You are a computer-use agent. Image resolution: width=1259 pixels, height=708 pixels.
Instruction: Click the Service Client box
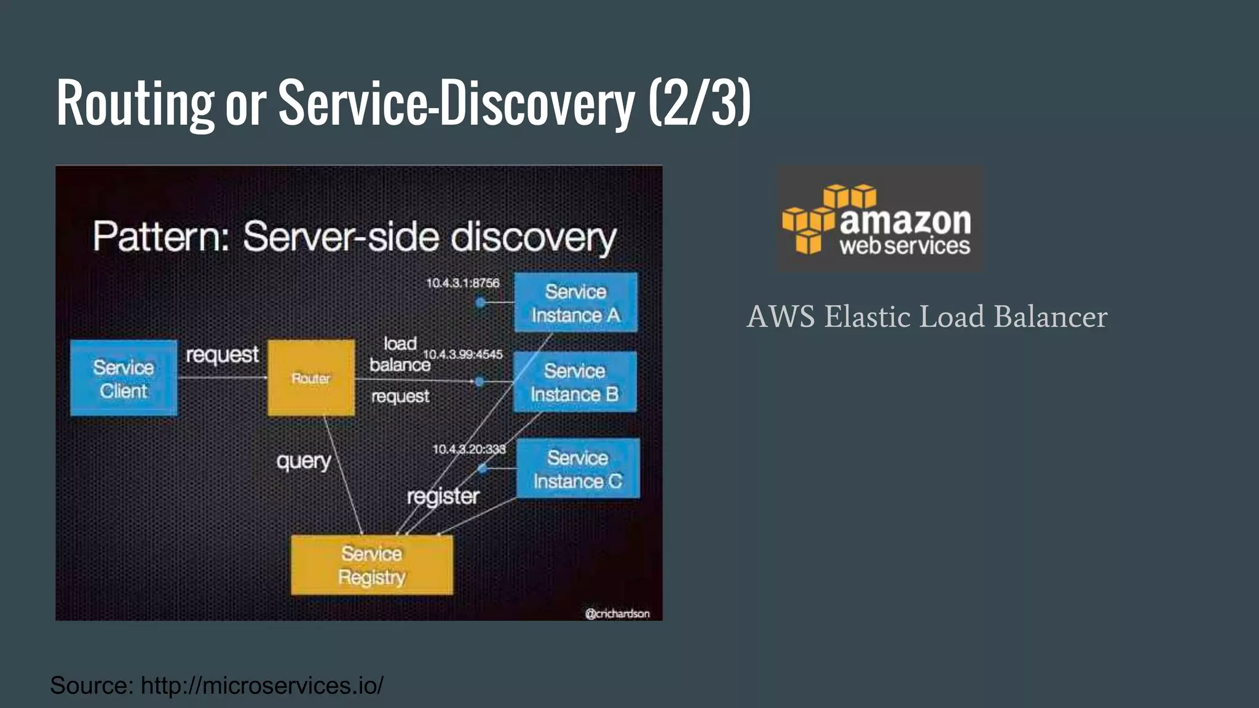pyautogui.click(x=124, y=378)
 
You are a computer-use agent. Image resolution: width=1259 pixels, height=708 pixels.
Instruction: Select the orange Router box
pyautogui.click(x=311, y=377)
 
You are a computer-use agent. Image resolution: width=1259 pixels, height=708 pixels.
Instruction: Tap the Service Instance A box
pyautogui.click(x=575, y=302)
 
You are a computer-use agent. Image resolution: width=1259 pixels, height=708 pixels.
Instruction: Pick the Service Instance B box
pyautogui.click(x=574, y=382)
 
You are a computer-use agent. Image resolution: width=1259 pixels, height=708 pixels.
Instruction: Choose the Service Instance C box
pyautogui.click(x=578, y=468)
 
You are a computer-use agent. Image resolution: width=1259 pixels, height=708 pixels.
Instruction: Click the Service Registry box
pyautogui.click(x=371, y=565)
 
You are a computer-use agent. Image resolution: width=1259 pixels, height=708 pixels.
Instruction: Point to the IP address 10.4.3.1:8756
pyautogui.click(x=463, y=283)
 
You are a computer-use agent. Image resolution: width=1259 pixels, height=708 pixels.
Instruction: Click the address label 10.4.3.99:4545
pyautogui.click(x=463, y=354)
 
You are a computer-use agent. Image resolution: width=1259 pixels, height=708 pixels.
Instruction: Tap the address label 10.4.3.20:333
pyautogui.click(x=469, y=449)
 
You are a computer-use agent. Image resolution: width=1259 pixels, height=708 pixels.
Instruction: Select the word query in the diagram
pyautogui.click(x=304, y=461)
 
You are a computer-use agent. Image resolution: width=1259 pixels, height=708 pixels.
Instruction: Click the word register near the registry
pyautogui.click(x=443, y=496)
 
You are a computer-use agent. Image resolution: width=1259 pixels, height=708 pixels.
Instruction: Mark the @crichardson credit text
pyautogui.click(x=617, y=613)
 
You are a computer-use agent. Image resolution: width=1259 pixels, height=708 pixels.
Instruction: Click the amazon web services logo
pyautogui.click(x=879, y=219)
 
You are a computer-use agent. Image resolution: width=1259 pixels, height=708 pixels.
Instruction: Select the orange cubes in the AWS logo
pyautogui.click(x=810, y=218)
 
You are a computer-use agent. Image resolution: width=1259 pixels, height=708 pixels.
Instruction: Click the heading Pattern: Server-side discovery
pyautogui.click(x=354, y=237)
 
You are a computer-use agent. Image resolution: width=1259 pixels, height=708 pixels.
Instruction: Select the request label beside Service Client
pyautogui.click(x=222, y=355)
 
